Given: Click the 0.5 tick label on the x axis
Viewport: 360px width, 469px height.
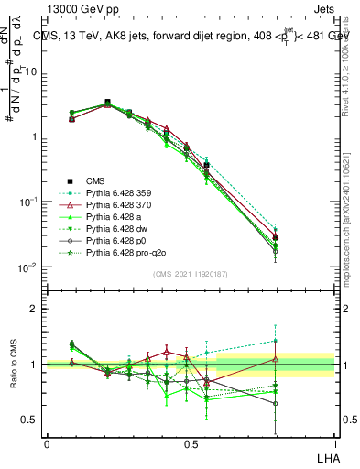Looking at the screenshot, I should pyautogui.click(x=191, y=442).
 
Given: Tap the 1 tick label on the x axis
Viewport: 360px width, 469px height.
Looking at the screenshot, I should pyautogui.click(x=333, y=442).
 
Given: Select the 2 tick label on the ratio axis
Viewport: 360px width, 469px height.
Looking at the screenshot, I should pyautogui.click(x=35, y=309).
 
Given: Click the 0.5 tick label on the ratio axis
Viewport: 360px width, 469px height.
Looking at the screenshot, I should pyautogui.click(x=31, y=420).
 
